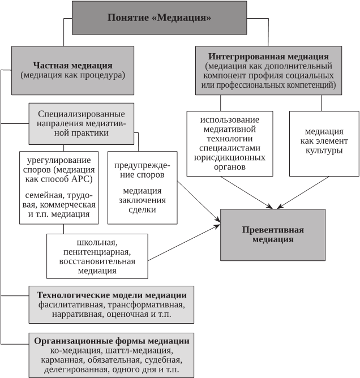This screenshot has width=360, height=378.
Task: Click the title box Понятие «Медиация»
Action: (159, 18)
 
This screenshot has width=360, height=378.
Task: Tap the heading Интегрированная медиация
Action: (268, 57)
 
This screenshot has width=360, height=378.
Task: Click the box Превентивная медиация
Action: (272, 234)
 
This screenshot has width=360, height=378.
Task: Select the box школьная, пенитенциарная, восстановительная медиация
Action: (97, 256)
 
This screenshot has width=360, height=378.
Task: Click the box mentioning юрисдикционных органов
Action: (229, 143)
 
